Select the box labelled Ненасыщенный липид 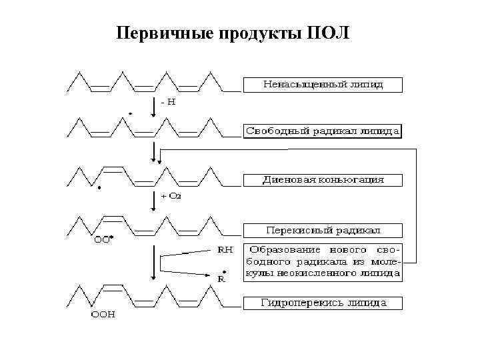click(323, 85)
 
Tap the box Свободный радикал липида click(323, 131)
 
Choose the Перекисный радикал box click(323, 230)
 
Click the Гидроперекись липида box click(323, 303)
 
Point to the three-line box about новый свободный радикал click(323, 261)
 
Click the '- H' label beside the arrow click(168, 103)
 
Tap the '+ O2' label click(171, 196)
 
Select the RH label click(226, 250)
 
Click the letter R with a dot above click(222, 279)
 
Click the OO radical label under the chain click(102, 241)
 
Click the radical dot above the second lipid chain click(130, 114)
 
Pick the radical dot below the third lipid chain click(99, 189)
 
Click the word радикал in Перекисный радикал click(357, 230)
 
